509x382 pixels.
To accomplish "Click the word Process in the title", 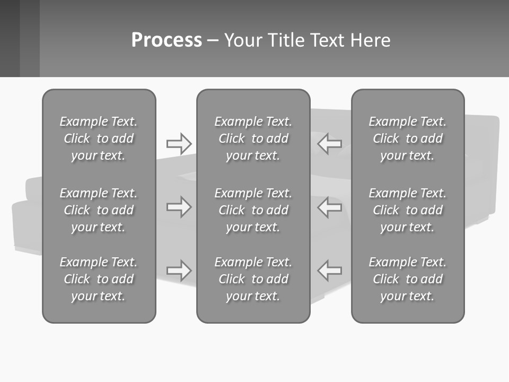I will [166, 40].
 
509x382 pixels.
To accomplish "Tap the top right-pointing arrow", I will [179, 144].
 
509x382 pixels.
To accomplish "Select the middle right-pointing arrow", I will [179, 207].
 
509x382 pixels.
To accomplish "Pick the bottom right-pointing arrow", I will [179, 270].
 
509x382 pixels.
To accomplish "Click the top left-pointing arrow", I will [330, 144].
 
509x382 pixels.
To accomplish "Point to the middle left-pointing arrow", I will [330, 207].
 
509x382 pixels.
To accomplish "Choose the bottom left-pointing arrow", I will [330, 270].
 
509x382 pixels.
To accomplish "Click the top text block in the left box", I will [99, 138].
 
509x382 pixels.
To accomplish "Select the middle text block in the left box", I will [99, 210].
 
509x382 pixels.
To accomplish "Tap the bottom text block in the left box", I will [99, 279].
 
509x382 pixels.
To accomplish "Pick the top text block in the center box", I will [253, 138].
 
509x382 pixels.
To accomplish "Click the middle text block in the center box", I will [253, 210].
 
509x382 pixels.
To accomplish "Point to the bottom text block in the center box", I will [253, 279].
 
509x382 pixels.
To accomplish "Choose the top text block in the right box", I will [407, 138].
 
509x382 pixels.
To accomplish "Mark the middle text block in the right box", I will [407, 210].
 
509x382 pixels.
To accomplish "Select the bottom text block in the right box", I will [407, 279].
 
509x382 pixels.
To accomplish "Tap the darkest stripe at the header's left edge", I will [10, 38].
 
